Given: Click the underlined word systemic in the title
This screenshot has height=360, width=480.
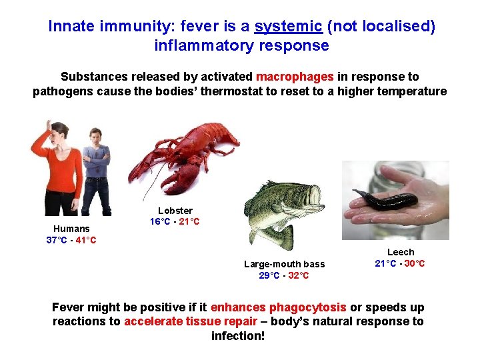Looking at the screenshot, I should [x=289, y=26].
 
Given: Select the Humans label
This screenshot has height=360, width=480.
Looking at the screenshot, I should [x=71, y=229].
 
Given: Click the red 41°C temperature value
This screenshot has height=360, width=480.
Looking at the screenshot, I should [x=85, y=240].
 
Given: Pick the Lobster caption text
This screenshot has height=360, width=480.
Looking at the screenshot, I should [x=175, y=211].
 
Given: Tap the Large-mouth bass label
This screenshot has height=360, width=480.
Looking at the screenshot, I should [x=284, y=264].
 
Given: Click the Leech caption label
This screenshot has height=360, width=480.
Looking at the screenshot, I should [x=401, y=252].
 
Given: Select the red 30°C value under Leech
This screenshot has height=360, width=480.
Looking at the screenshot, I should [x=414, y=263].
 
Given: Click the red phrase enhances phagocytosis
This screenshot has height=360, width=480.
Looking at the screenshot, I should [x=278, y=307].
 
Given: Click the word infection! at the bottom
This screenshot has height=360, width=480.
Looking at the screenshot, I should [x=238, y=335].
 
